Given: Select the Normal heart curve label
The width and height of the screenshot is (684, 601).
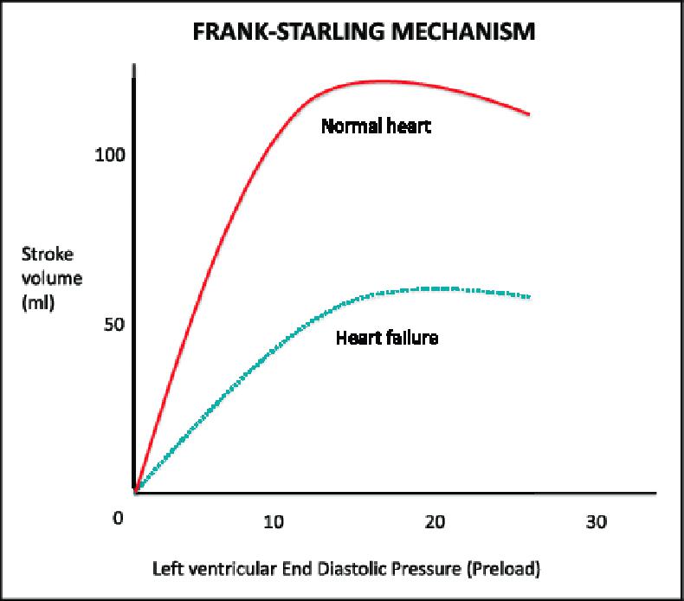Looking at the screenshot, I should click(376, 126).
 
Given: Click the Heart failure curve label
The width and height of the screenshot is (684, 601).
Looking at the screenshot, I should click(386, 338).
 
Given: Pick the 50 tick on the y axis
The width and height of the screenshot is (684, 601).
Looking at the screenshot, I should click(113, 325).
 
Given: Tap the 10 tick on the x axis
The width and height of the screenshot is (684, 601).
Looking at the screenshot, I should click(273, 523).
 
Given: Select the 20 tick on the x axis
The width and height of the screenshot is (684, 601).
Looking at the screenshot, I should click(436, 523).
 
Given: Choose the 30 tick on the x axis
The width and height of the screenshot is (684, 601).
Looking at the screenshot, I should click(596, 523).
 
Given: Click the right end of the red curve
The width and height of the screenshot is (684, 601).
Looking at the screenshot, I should click(528, 113).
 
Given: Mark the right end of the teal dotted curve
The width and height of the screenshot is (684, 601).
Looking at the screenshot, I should click(528, 297).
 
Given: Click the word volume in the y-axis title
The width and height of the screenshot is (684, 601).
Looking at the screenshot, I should click(42, 278).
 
